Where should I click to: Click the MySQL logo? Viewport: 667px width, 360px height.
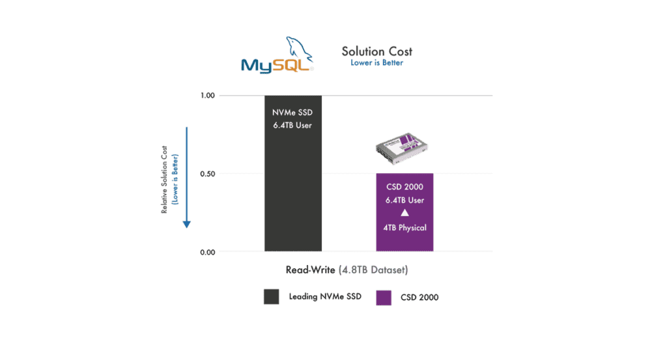(277, 58)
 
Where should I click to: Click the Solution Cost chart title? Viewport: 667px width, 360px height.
(376, 51)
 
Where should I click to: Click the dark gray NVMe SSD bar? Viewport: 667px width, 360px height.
(292, 189)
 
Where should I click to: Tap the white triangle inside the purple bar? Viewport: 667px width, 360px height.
(404, 214)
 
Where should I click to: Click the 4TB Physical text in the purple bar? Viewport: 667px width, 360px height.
(404, 227)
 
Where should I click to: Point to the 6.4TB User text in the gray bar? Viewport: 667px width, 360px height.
(292, 125)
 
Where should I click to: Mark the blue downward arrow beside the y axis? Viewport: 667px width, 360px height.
(186, 176)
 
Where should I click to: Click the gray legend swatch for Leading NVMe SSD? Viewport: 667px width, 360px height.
(271, 297)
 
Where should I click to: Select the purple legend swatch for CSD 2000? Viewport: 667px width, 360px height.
(384, 297)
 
